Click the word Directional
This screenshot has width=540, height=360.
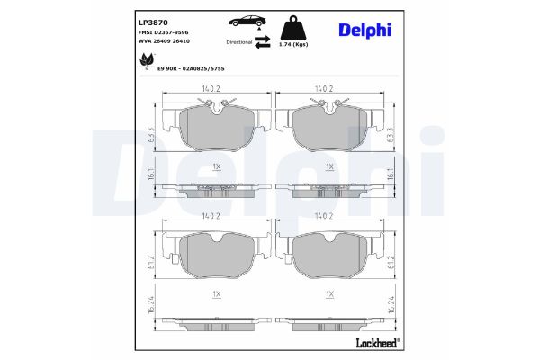[238, 41]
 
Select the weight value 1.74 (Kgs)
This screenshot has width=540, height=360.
[294, 43]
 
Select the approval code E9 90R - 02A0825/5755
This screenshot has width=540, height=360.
[191, 68]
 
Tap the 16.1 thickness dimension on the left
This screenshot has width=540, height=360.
[152, 179]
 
